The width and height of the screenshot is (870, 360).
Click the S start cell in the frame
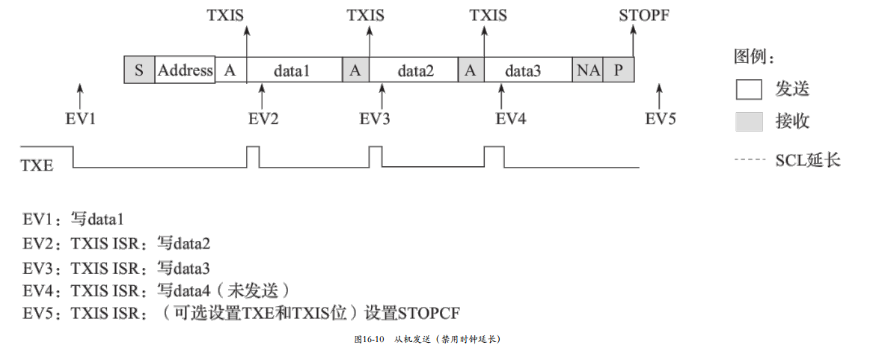tap(139, 70)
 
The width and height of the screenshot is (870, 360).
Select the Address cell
tap(186, 70)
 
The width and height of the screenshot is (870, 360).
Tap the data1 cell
tap(292, 70)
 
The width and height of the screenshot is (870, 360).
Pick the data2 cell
tap(415, 70)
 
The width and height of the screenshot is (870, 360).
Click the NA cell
tap(588, 70)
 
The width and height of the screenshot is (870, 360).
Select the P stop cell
tap(619, 70)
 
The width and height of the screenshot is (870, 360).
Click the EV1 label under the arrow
tap(81, 118)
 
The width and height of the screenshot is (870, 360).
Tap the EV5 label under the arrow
tap(660, 118)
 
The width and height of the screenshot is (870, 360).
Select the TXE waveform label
tap(37, 165)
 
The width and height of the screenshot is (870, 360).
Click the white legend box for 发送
tap(749, 90)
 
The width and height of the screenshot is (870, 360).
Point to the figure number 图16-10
tap(369, 339)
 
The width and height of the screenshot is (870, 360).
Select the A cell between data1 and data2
tap(355, 70)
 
